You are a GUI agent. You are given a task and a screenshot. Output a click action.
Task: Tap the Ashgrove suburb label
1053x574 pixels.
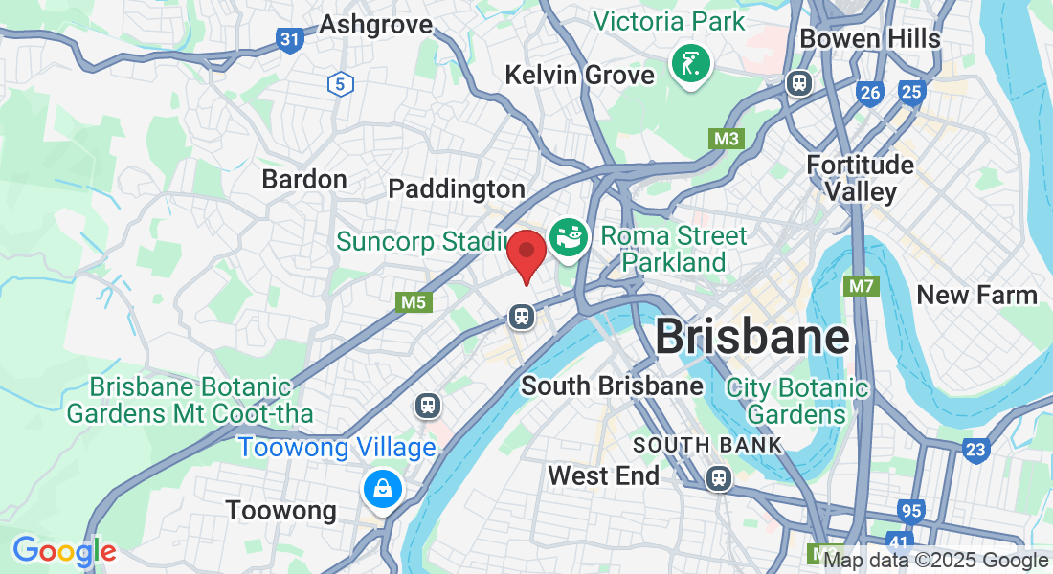click(375, 24)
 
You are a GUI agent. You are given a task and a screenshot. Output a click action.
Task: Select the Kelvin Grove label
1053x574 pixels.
click(580, 74)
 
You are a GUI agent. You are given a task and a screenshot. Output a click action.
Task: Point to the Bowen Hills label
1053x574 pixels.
click(870, 38)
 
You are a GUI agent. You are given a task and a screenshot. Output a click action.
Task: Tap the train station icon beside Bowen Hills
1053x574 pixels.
click(798, 83)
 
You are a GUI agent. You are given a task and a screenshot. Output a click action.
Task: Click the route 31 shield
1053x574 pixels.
click(290, 39)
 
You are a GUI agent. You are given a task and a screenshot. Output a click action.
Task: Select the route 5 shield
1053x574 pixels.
click(339, 84)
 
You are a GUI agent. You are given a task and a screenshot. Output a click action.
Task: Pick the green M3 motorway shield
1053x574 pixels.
click(727, 139)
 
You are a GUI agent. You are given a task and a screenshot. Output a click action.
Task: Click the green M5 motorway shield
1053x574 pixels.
click(413, 302)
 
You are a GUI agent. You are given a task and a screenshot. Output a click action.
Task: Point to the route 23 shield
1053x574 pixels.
click(975, 450)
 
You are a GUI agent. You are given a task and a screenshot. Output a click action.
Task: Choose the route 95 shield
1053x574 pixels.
click(911, 511)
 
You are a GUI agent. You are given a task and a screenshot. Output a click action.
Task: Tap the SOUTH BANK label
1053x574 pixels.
click(707, 445)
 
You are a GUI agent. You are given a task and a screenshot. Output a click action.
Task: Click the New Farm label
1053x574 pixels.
click(976, 295)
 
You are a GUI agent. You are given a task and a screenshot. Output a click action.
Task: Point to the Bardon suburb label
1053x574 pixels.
click(304, 179)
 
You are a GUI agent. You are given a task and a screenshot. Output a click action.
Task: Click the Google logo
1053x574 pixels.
click(64, 551)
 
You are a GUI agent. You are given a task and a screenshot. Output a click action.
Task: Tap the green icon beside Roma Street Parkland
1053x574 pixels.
click(570, 237)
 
